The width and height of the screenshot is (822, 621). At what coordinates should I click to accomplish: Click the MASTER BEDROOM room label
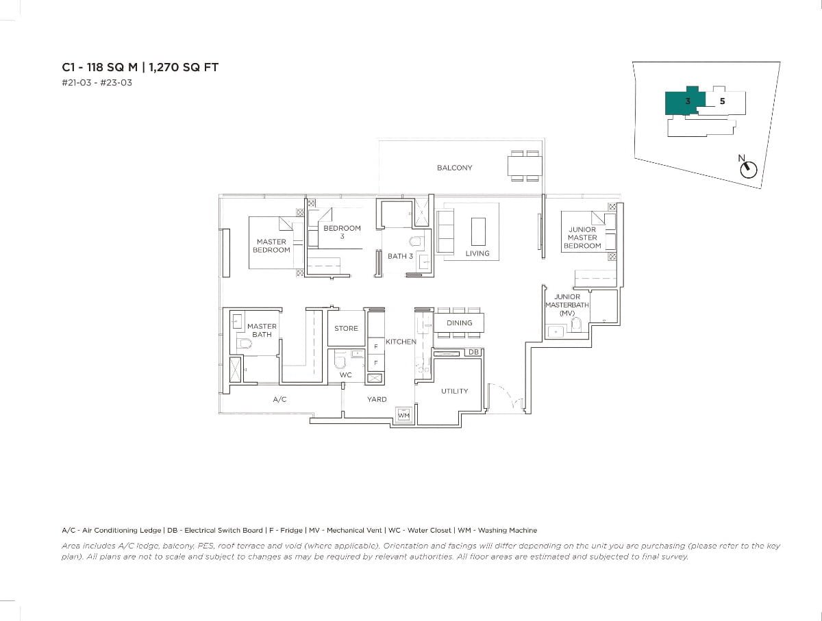(271, 246)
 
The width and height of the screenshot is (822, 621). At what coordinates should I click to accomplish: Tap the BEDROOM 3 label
(342, 232)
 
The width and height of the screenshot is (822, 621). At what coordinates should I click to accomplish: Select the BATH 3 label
(400, 256)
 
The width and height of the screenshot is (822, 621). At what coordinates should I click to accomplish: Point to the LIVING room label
(477, 253)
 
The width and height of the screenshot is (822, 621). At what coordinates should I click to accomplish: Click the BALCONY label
(454, 168)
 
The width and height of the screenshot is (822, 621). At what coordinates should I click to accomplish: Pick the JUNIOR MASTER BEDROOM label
(582, 238)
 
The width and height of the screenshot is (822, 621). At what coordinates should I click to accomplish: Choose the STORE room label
(346, 329)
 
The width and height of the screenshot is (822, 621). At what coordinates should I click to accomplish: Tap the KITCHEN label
(401, 342)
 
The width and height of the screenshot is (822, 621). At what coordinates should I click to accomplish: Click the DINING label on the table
(459, 323)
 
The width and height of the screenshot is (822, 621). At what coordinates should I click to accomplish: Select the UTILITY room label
(454, 391)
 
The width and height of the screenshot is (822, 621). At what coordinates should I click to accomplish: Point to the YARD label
(376, 399)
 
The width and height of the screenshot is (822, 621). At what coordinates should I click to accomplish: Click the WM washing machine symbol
(403, 415)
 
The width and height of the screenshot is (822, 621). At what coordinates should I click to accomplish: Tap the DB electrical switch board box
(473, 352)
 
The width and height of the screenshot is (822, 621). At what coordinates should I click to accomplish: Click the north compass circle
(749, 170)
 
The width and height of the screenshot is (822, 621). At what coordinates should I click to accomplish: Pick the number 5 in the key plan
(722, 101)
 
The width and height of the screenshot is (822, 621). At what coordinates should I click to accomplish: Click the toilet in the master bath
(244, 342)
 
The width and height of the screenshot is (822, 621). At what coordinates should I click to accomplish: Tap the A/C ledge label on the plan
(279, 399)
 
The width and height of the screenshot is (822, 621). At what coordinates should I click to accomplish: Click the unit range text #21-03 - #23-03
(97, 83)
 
